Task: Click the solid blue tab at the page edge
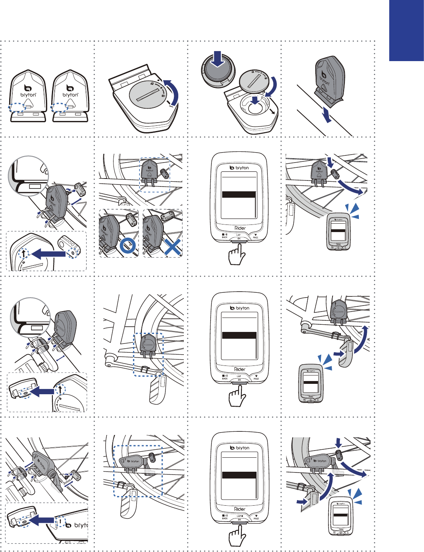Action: (406, 30)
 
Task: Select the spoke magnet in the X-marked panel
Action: (167, 216)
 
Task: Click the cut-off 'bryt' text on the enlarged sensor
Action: (80, 525)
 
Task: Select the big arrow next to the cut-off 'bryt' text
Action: (43, 520)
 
